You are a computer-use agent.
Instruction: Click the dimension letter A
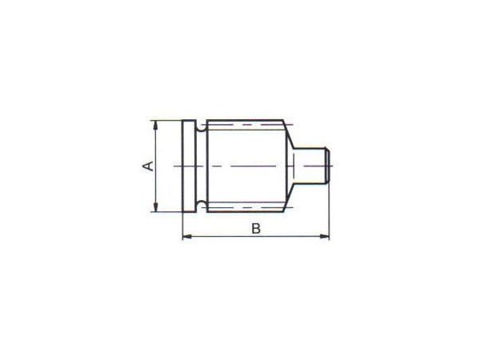[146, 166]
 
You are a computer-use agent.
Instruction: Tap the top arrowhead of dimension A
[156, 125]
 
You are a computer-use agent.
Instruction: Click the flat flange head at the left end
[189, 166]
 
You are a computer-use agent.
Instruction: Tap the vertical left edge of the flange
[183, 166]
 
